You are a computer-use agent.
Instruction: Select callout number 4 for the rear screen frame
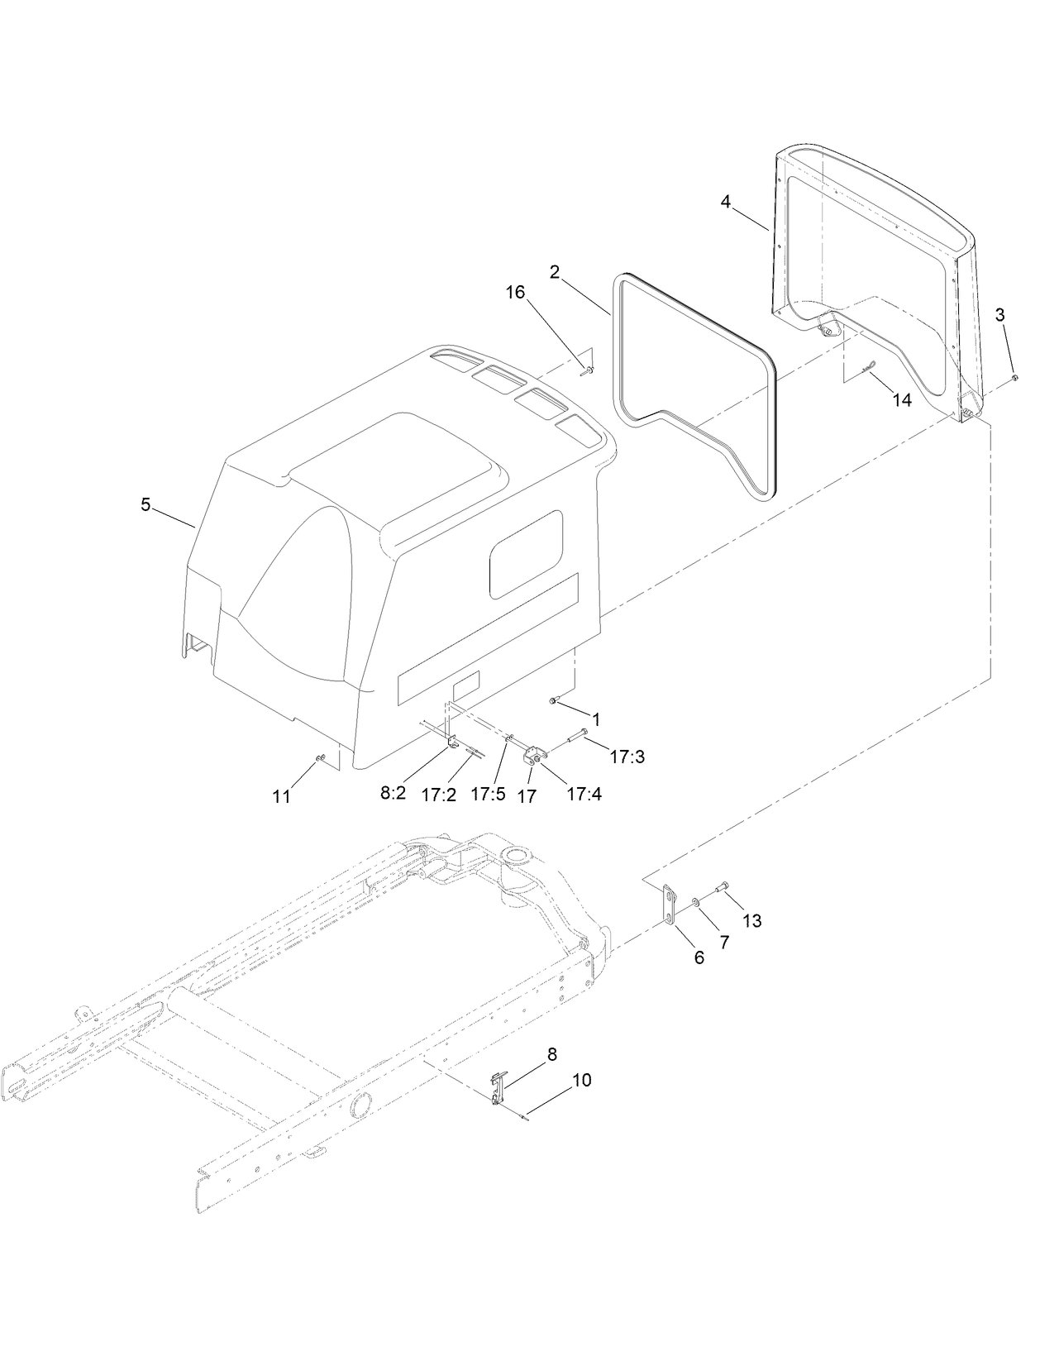click(x=725, y=201)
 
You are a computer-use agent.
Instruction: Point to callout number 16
click(x=516, y=294)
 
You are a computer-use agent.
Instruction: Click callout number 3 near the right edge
click(x=1000, y=314)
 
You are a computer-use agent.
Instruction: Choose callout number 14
click(x=901, y=400)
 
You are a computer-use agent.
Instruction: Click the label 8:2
click(x=393, y=793)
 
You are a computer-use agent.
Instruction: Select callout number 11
click(x=282, y=796)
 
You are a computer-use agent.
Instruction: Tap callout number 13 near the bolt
click(x=751, y=920)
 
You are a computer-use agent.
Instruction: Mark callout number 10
click(x=581, y=1080)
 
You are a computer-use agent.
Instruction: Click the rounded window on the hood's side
click(x=526, y=554)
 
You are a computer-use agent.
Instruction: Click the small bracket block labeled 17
click(x=532, y=755)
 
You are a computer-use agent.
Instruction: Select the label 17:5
click(x=487, y=794)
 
